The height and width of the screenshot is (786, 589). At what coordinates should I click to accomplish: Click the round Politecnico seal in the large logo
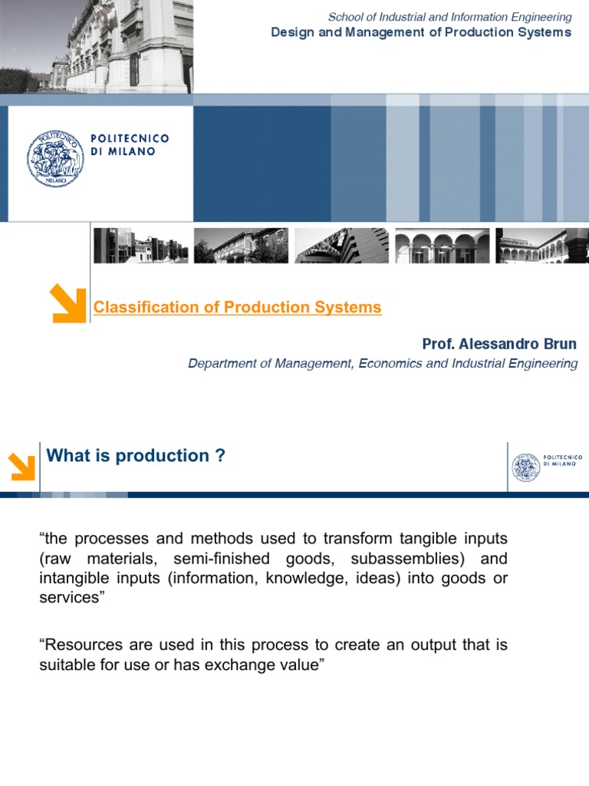pyautogui.click(x=54, y=159)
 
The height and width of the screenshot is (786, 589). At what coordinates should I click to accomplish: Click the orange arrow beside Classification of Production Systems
pyautogui.click(x=67, y=302)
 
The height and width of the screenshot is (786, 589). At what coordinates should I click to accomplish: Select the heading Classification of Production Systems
pyautogui.click(x=237, y=308)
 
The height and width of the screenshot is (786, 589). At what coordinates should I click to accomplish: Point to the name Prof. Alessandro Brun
pyautogui.click(x=499, y=344)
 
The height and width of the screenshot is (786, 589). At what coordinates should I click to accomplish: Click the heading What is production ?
pyautogui.click(x=136, y=456)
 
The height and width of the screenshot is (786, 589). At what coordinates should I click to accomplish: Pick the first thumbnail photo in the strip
pyautogui.click(x=140, y=246)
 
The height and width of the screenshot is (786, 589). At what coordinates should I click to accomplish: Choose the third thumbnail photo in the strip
pyautogui.click(x=341, y=246)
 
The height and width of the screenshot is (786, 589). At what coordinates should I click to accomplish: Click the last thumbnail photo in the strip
pyautogui.click(x=542, y=246)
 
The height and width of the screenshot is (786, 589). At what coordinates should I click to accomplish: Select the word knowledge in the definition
pyautogui.click(x=299, y=578)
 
